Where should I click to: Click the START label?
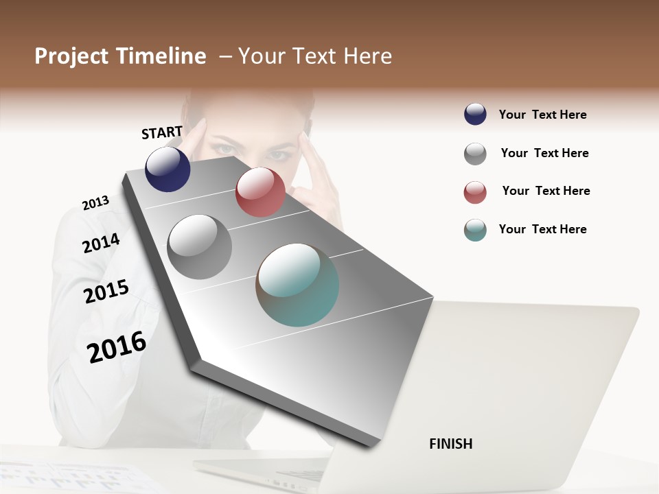pyautogui.click(x=162, y=132)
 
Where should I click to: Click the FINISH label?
pyautogui.click(x=451, y=444)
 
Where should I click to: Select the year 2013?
pyautogui.click(x=95, y=203)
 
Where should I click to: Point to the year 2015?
pyautogui.click(x=106, y=292)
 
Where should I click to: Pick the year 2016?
pyautogui.click(x=117, y=347)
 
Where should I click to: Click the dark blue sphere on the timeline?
pyautogui.click(x=167, y=169)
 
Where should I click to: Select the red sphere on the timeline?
pyautogui.click(x=260, y=192)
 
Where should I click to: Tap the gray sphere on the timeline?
pyautogui.click(x=199, y=247)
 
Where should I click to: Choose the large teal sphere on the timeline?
pyautogui.click(x=297, y=285)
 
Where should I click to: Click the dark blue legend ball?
pyautogui.click(x=475, y=115)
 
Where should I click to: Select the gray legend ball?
pyautogui.click(x=475, y=154)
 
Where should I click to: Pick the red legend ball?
pyautogui.click(x=475, y=192)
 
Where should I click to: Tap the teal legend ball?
pyautogui.click(x=475, y=230)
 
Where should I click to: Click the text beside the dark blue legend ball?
pyautogui.click(x=542, y=115)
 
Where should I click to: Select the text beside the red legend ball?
pyautogui.click(x=546, y=191)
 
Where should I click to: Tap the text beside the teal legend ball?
pyautogui.click(x=542, y=229)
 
